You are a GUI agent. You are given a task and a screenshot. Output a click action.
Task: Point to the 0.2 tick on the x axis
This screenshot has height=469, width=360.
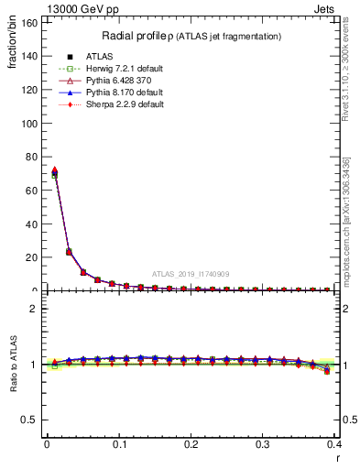[191, 445]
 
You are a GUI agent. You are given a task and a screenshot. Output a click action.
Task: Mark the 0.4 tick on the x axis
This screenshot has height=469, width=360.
[334, 445]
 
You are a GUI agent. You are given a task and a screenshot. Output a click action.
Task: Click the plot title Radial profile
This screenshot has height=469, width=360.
[140, 36]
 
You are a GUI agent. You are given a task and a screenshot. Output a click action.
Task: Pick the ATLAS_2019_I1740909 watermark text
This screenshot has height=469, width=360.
[190, 274]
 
